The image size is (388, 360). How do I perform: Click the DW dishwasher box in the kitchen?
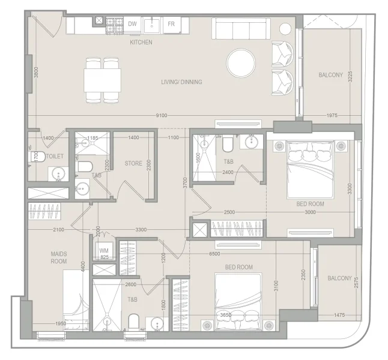133,25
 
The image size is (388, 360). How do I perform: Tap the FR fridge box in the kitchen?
171,25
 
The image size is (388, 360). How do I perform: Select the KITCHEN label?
141,43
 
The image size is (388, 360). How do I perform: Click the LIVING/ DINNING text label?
181,82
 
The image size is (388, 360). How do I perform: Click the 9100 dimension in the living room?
161,115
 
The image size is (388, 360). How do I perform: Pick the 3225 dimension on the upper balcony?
350,80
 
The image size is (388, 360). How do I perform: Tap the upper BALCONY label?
330,75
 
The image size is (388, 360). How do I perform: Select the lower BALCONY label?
339,278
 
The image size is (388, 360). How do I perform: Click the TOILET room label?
55,156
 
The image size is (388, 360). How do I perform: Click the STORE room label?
133,163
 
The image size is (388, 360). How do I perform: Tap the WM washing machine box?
103,251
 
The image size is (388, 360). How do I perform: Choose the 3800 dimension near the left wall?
36,74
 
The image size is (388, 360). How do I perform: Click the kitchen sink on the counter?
153,25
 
